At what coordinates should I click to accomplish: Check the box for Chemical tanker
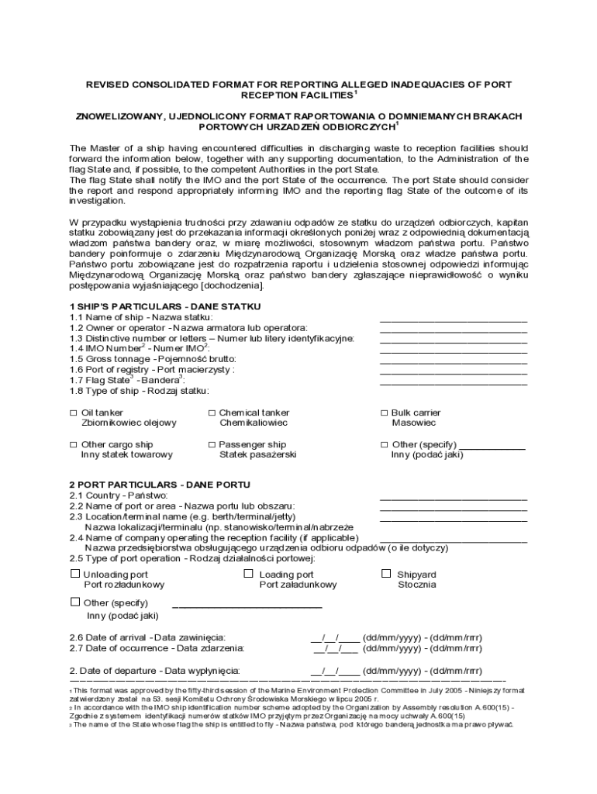click(212, 413)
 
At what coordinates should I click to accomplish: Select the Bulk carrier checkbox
click(384, 413)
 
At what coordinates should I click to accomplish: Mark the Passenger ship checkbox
click(212, 445)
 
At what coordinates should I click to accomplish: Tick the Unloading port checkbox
click(75, 574)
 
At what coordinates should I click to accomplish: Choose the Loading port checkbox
click(249, 574)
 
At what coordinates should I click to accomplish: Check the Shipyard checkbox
click(386, 574)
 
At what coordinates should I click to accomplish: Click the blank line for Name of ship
click(453, 320)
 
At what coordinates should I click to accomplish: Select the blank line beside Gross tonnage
click(453, 362)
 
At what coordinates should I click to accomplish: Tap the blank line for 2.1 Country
click(453, 499)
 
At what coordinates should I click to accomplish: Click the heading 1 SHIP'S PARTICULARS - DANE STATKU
click(165, 306)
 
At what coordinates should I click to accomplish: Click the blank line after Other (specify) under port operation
click(247, 606)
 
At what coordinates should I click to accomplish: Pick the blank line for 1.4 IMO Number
click(453, 351)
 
